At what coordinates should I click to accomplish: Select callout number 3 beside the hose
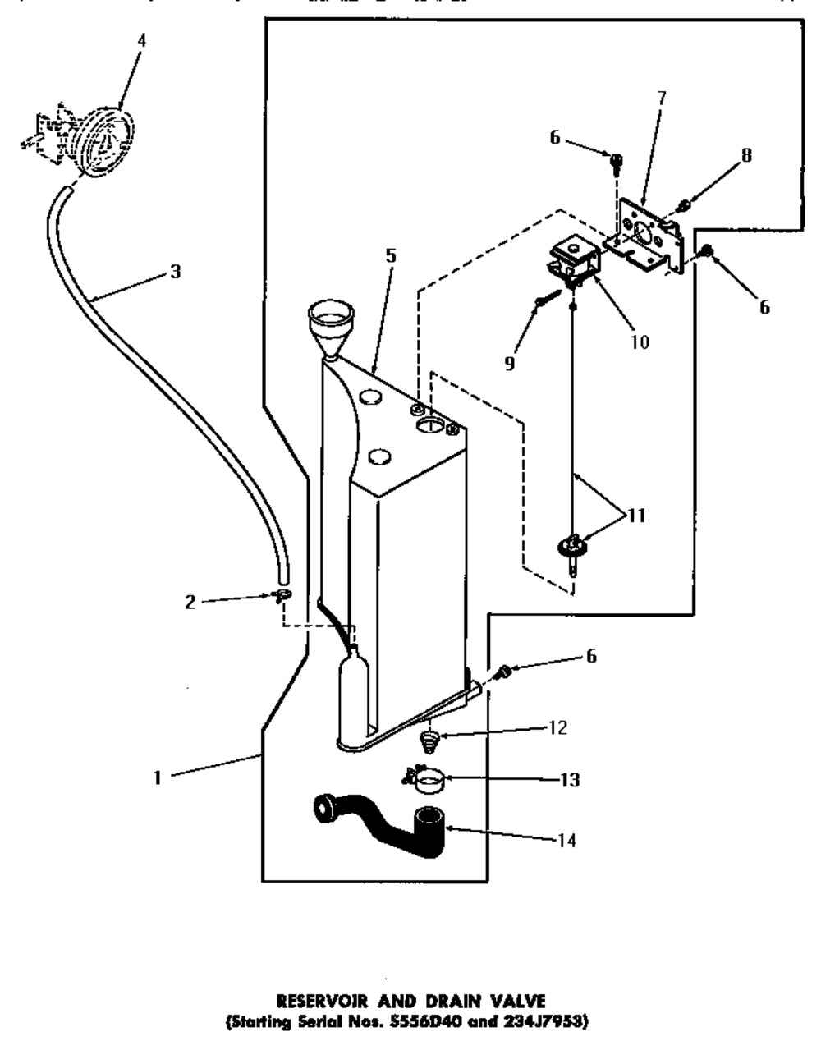coord(175,272)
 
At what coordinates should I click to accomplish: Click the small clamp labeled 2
coord(282,596)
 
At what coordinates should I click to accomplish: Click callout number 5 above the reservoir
coord(391,255)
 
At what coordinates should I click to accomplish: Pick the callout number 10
coord(640,342)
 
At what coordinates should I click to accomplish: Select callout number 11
coord(635,516)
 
